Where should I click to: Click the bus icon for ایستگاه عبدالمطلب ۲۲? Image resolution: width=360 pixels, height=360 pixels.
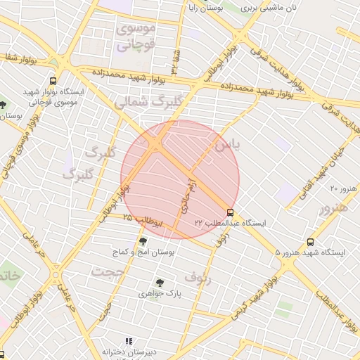tap(230, 212)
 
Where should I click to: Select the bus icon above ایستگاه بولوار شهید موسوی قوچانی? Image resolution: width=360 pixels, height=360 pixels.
tap(54, 82)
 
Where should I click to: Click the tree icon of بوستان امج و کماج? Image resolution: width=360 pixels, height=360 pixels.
tap(143, 240)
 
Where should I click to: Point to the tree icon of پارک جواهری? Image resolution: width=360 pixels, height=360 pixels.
tap(160, 283)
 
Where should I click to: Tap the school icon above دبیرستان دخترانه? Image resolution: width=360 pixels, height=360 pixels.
tap(128, 341)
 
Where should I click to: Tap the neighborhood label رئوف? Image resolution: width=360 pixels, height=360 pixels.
tap(198, 278)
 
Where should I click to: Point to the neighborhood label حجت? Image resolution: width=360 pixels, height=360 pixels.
tap(108, 271)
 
